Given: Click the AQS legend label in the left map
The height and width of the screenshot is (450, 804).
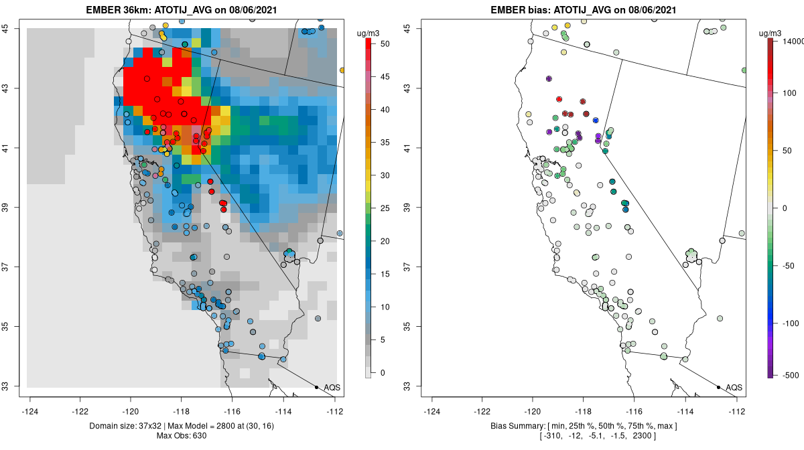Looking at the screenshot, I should tap(332, 387).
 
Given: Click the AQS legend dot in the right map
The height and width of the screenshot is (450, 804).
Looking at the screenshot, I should tap(718, 387).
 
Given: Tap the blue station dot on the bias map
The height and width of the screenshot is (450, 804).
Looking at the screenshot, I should tap(596, 120).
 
